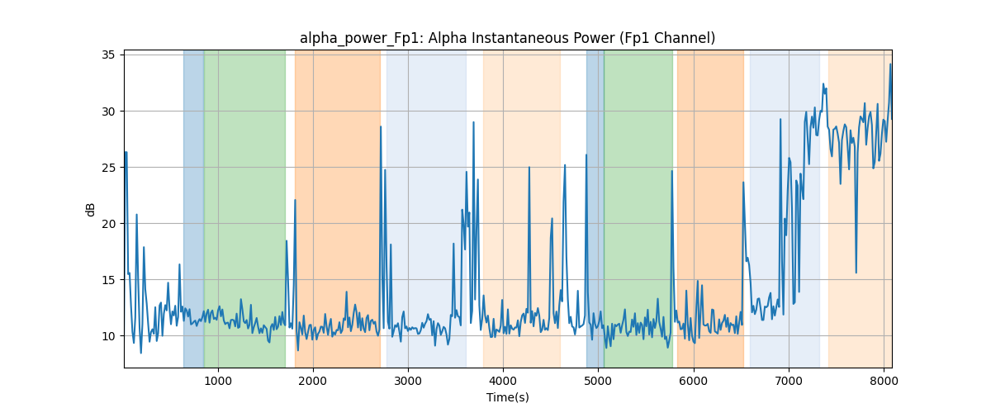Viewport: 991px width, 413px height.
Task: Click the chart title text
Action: coord(507,38)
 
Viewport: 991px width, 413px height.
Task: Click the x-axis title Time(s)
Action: coord(507,397)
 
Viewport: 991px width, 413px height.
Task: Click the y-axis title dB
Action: coord(90,210)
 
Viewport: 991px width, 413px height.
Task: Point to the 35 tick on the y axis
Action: coord(108,55)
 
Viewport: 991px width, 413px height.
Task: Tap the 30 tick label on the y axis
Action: coord(108,112)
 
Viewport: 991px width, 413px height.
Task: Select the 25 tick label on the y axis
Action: coord(108,168)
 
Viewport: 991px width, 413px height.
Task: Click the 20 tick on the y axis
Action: coord(108,224)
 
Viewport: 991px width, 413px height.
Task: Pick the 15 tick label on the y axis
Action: coord(108,280)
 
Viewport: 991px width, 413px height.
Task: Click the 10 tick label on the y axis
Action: coord(108,336)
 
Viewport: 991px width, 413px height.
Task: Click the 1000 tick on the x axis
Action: coord(218,381)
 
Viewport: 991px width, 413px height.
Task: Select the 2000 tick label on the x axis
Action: coord(313,381)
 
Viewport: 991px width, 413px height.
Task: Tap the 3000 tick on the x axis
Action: coord(408,381)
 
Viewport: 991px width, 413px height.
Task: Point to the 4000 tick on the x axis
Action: coord(503,381)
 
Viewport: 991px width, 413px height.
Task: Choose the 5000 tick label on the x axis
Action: coord(598,381)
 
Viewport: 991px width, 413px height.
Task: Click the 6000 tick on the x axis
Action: coord(694,381)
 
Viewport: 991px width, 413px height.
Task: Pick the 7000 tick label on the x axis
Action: coord(789,381)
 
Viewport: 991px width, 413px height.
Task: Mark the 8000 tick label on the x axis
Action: coord(884,381)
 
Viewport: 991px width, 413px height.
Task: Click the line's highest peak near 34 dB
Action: coord(890,64)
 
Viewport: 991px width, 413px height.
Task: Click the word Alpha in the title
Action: coord(448,38)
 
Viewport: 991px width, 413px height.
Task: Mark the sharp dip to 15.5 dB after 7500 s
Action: coord(856,273)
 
